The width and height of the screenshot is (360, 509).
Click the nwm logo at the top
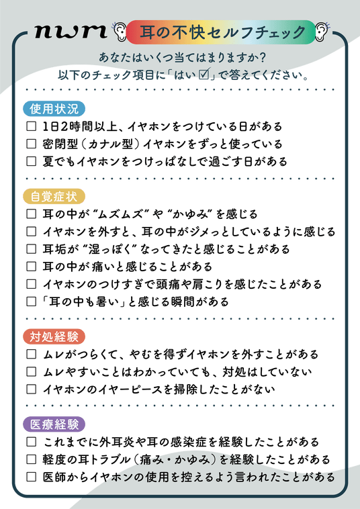71,32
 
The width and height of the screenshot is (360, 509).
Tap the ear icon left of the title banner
119,30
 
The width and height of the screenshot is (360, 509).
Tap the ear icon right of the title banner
322,30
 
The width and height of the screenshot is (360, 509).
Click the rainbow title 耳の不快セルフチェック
221,32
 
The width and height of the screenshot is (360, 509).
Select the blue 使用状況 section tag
54,109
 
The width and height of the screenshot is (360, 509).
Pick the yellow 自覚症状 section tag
54,197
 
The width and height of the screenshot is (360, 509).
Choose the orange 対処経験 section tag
54,336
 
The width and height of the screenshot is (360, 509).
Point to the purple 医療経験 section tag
54,424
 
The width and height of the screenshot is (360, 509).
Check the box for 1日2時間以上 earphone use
31,126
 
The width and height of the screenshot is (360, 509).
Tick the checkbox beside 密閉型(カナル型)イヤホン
31,144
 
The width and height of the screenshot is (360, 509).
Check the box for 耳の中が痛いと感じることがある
31,267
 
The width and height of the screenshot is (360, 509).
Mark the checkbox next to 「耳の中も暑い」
31,302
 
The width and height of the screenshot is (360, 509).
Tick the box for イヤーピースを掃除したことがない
31,389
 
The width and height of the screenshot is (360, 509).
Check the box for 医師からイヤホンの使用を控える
31,477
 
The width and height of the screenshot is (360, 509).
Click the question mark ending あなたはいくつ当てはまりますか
263,57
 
